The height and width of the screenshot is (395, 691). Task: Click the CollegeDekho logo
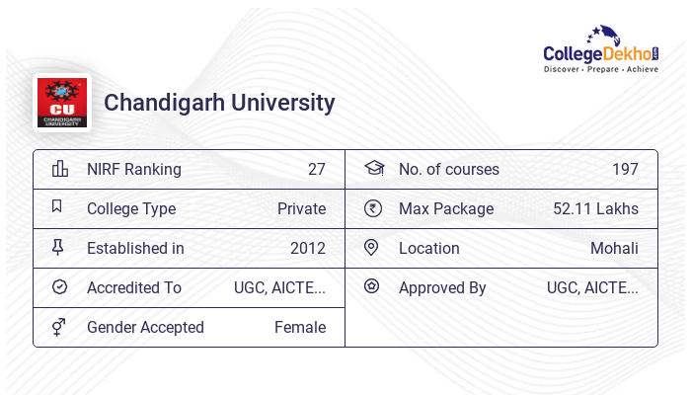click(x=601, y=51)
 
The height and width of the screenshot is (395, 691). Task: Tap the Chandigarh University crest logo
click(x=61, y=103)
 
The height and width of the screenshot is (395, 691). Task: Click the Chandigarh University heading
click(x=219, y=103)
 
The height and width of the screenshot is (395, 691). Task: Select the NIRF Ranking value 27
click(x=316, y=169)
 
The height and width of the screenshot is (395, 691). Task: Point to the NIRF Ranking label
click(x=134, y=169)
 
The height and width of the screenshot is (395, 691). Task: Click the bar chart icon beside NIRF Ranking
click(x=59, y=169)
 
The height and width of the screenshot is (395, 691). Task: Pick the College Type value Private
click(x=301, y=208)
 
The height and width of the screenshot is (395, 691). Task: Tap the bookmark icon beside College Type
click(x=57, y=207)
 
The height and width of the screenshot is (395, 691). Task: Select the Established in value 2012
click(x=307, y=248)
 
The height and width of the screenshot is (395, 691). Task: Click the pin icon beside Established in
click(x=58, y=248)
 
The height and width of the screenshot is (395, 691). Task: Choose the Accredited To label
click(x=134, y=287)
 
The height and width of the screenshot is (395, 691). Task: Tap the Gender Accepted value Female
click(x=299, y=327)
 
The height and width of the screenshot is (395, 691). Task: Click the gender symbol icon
click(x=58, y=327)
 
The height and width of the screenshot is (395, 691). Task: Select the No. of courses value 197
click(x=625, y=169)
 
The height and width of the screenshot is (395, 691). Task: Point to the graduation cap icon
click(x=372, y=169)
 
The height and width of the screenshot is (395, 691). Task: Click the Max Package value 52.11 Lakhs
click(x=595, y=208)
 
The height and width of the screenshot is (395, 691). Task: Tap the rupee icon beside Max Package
click(x=372, y=208)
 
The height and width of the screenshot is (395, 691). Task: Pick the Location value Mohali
click(x=614, y=248)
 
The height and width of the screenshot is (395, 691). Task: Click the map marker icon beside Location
click(x=371, y=248)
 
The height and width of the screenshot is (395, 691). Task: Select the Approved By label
click(x=442, y=287)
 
